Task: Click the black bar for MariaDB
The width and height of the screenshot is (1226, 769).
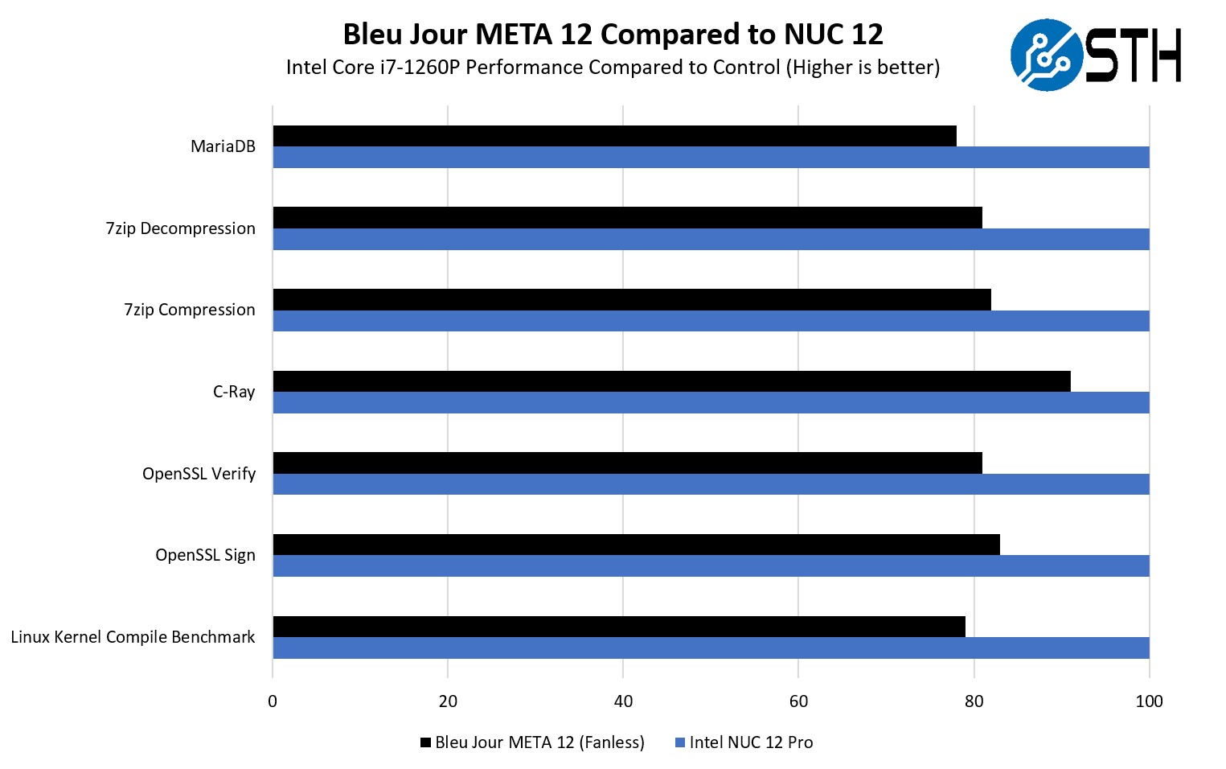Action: click(614, 136)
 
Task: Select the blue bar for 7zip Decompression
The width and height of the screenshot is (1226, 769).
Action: click(711, 239)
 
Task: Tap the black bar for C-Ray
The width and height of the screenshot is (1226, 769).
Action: click(671, 381)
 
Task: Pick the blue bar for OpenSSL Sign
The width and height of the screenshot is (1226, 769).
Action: click(711, 565)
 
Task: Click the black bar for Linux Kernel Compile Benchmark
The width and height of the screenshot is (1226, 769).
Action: click(619, 627)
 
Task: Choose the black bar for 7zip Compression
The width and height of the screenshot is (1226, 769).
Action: click(632, 299)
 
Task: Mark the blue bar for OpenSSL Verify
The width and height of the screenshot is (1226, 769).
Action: click(711, 484)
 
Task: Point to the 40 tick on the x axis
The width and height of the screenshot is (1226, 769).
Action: click(623, 701)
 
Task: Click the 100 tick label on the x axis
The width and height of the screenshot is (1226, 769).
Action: click(1149, 701)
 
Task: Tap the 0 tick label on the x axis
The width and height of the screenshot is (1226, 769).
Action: click(273, 701)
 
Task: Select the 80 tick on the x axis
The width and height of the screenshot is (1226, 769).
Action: click(974, 701)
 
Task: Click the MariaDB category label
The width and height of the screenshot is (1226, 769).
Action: click(223, 146)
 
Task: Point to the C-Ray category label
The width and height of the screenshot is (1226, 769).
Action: click(234, 392)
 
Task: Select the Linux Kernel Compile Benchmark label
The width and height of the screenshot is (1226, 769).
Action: click(133, 637)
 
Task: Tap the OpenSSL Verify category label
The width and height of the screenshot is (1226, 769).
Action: click(199, 474)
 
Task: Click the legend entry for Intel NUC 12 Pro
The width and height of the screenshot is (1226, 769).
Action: click(744, 742)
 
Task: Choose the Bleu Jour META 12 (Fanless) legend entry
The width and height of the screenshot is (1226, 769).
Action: click(532, 742)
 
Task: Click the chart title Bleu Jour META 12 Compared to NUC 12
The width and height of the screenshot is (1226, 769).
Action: click(613, 35)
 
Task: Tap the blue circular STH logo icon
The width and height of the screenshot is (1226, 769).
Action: click(1046, 55)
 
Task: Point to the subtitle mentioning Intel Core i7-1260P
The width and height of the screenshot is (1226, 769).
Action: click(613, 67)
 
